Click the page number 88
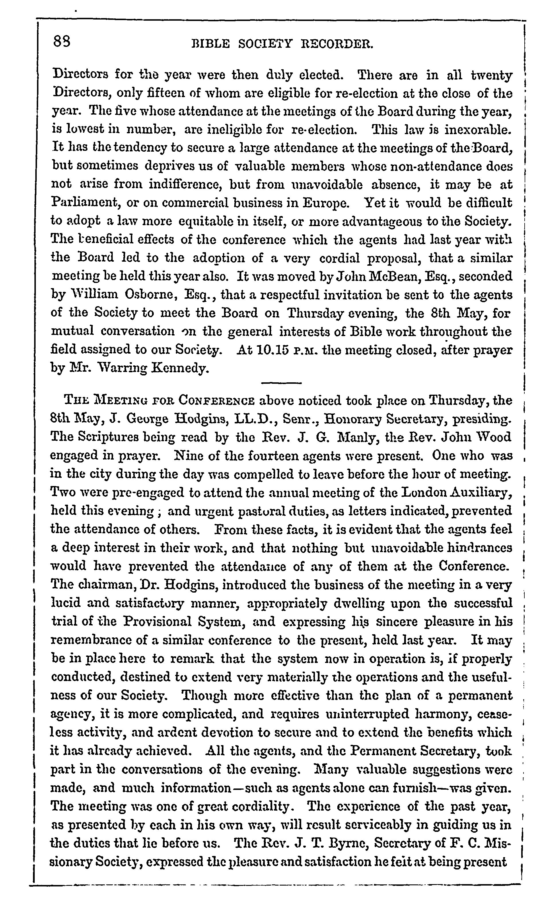pos(61,40)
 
